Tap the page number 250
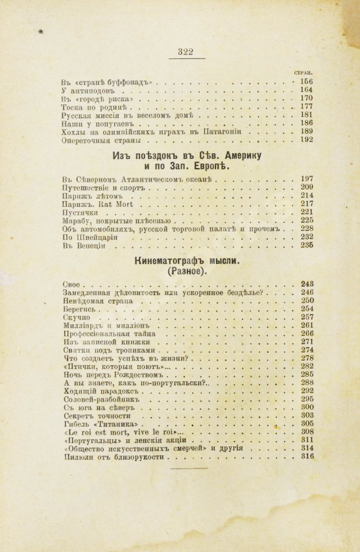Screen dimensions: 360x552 [x=307, y=300]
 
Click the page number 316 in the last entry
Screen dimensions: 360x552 [x=307, y=457]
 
